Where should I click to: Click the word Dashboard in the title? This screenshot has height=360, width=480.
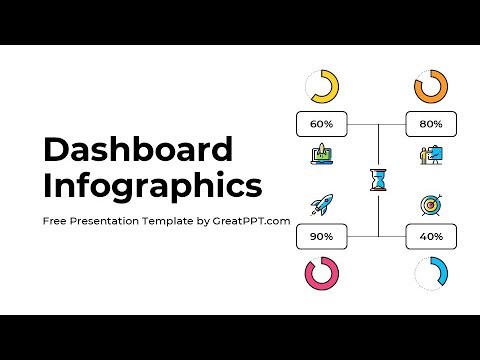tap(138, 150)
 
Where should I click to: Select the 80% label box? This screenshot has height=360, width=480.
tap(431, 125)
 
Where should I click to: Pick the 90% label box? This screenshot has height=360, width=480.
tap(321, 237)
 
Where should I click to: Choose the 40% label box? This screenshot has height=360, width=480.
tap(431, 237)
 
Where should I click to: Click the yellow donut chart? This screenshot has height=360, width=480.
tap(322, 87)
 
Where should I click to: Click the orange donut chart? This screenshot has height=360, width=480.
tap(430, 87)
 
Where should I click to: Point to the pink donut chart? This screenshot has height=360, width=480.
tap(322, 274)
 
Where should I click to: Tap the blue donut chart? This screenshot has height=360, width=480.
tap(430, 274)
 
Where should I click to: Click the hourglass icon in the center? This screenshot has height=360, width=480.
tap(378, 180)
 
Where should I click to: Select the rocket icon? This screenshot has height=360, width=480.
tap(322, 205)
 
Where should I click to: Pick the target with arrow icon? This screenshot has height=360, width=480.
tap(431, 206)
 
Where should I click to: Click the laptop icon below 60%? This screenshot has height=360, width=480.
tap(322, 156)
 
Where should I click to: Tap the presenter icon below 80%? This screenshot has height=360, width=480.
tap(431, 156)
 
